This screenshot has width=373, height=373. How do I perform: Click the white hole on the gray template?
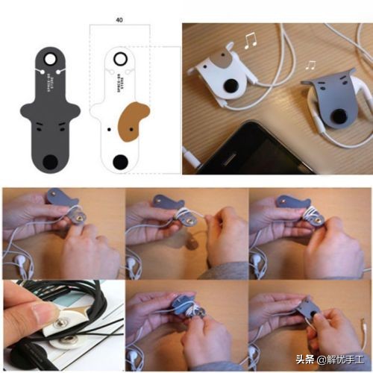[x=51, y=58]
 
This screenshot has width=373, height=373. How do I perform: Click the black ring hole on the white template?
[x=120, y=58]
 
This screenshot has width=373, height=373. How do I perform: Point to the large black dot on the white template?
[x=120, y=160]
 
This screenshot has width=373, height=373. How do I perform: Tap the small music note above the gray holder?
[x=310, y=65]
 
